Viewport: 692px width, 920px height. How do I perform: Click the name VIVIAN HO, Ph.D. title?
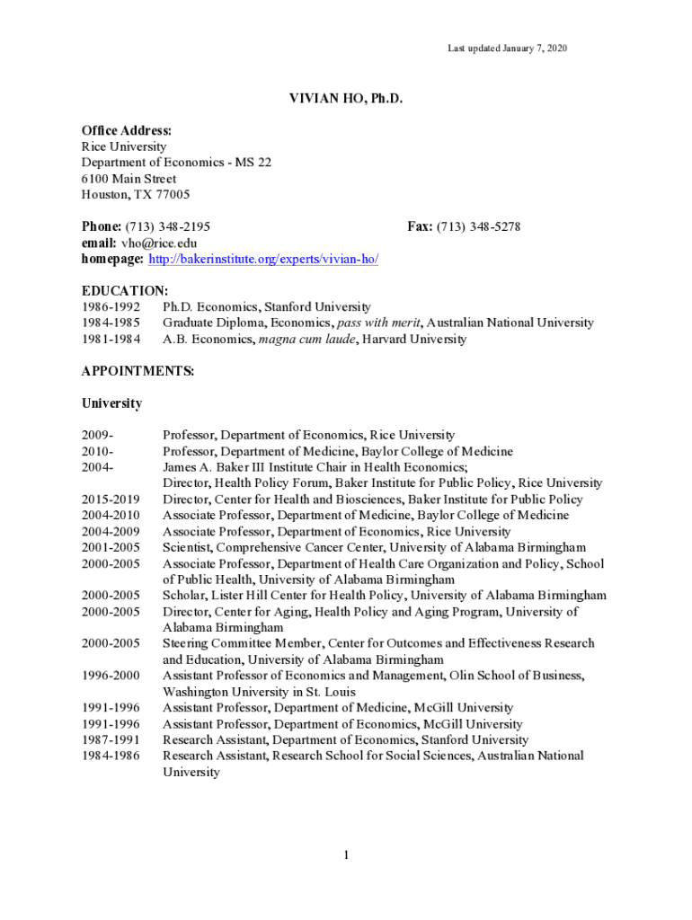coord(345,99)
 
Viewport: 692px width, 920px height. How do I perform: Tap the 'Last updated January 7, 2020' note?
coord(508,48)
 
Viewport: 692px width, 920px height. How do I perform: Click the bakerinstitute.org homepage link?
coord(263,259)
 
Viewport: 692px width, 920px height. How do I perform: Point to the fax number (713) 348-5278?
coord(478,226)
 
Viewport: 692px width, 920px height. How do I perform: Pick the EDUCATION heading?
coord(124,291)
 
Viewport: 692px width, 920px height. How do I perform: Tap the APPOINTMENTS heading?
coord(138,371)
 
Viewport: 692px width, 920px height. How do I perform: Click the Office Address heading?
coord(127,131)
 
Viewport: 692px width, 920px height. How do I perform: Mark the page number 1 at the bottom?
coord(345,854)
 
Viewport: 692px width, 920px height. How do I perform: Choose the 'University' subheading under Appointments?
coord(111,403)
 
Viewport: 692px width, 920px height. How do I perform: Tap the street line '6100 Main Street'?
coord(129,179)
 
